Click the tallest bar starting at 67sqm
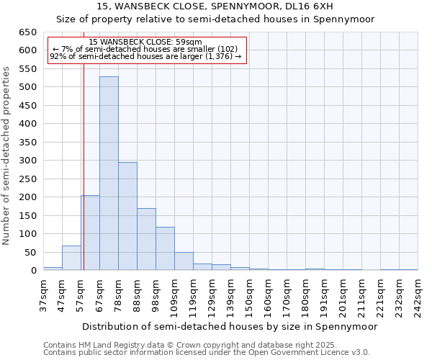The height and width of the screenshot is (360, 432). click(x=109, y=174)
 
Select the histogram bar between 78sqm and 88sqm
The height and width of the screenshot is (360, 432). click(x=127, y=216)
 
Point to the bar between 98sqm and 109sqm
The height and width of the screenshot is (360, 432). click(x=165, y=248)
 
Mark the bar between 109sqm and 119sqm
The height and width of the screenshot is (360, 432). click(x=184, y=261)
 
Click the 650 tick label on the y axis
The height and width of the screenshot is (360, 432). click(x=27, y=32)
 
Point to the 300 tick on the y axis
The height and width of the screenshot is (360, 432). click(x=27, y=161)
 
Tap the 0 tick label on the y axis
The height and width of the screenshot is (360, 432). click(x=33, y=271)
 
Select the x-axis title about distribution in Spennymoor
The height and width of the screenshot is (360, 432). click(x=230, y=326)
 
